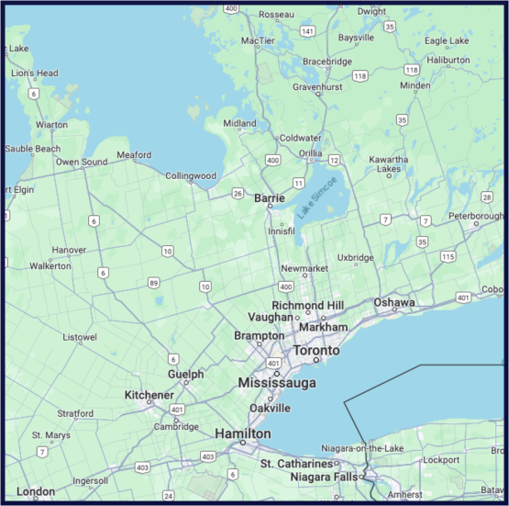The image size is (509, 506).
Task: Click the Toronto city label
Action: (x=315, y=351)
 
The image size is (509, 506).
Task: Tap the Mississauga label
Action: (x=277, y=382)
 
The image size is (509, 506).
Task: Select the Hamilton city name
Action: (x=242, y=433)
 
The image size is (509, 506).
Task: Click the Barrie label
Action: (x=270, y=197)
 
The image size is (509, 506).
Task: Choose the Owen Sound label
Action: (x=81, y=163)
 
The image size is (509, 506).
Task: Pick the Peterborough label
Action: (x=476, y=216)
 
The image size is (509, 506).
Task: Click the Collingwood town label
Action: (x=191, y=175)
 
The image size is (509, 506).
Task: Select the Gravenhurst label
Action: (x=317, y=86)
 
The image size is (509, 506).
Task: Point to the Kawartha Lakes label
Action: (x=389, y=164)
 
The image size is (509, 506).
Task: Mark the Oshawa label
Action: (x=394, y=302)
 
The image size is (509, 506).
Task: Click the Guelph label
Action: (x=185, y=374)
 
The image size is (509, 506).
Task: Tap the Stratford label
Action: (x=75, y=413)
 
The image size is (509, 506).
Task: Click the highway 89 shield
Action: (x=154, y=283)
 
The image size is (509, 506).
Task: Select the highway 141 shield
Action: (x=307, y=31)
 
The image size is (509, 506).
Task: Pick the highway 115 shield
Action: (x=448, y=256)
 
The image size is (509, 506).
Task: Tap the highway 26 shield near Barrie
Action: (x=238, y=194)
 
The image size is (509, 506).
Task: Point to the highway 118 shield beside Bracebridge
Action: (x=360, y=75)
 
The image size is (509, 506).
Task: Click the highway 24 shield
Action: (x=168, y=496)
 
